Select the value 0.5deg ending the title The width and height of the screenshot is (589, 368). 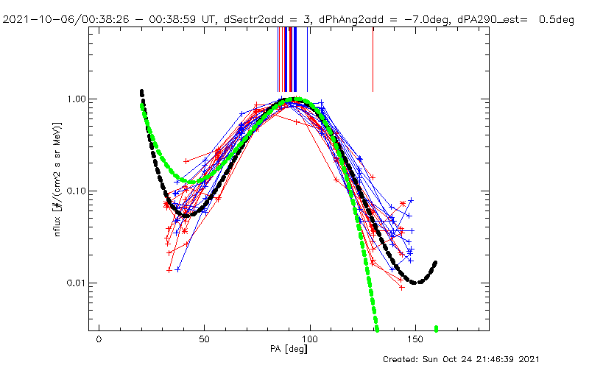[558, 20]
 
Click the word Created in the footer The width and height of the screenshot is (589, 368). [403, 359]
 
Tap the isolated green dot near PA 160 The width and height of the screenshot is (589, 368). [437, 328]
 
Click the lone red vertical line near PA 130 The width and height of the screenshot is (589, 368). [373, 59]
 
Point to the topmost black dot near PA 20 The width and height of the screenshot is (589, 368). [141, 91]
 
